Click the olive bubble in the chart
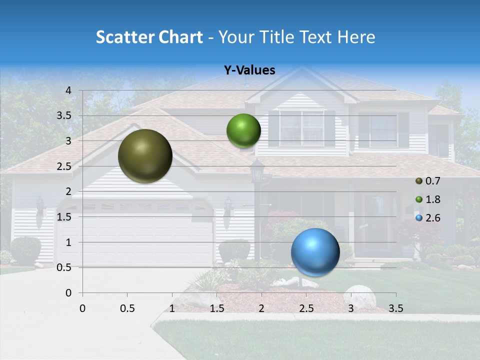145,156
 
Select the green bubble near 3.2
243,131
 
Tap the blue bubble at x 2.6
315,252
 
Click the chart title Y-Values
249,70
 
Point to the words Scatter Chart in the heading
149,37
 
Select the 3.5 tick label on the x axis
395,308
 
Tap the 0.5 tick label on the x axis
127,308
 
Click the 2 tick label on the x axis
261,308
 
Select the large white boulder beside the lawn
359,297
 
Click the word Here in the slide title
356,37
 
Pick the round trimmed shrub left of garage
25,250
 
